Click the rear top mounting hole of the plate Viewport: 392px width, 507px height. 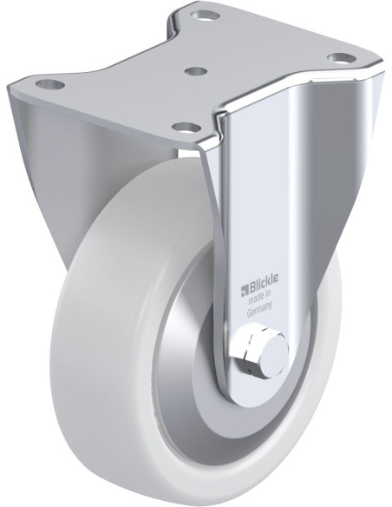coord(206,15)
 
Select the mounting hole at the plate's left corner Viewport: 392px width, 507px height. coord(50,85)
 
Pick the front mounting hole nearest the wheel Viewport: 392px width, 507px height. coord(186,128)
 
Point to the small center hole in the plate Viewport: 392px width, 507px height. coord(196,71)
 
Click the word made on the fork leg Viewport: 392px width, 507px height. coord(255,300)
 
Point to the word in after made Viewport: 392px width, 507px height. coord(267,295)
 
